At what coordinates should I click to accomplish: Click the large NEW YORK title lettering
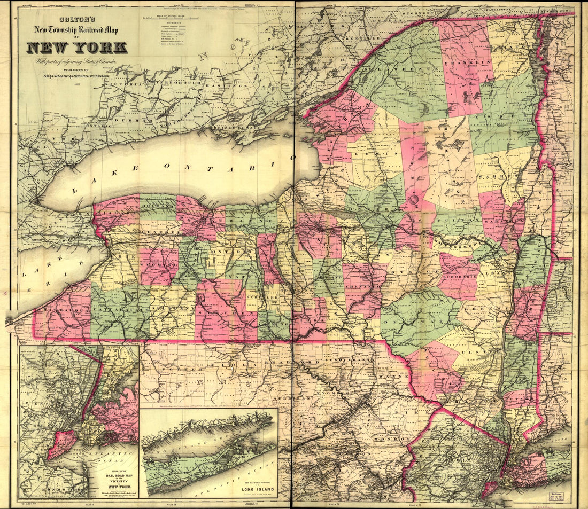click(77, 48)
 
